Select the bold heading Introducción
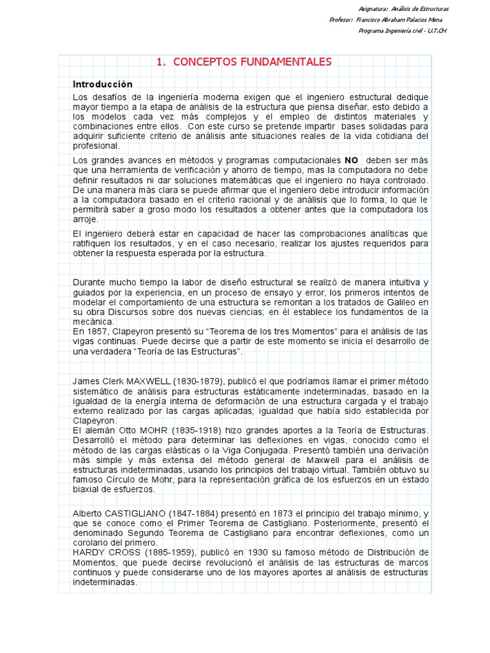[x=103, y=85]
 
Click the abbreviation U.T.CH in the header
[x=437, y=31]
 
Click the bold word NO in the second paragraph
[x=352, y=160]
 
